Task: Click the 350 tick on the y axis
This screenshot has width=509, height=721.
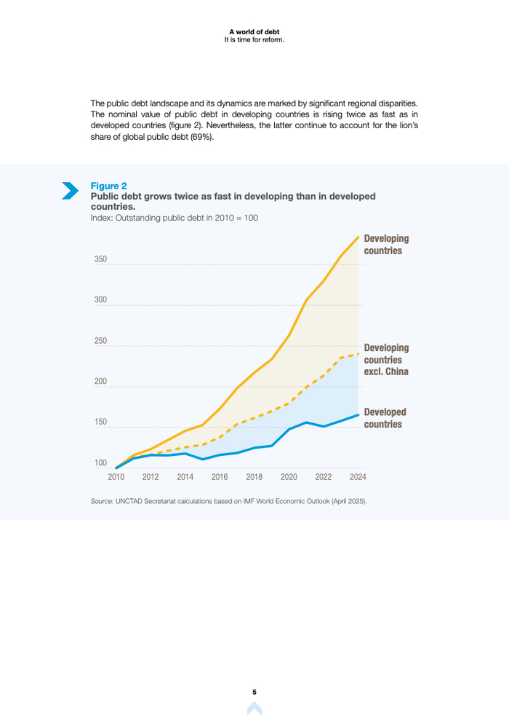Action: click(100, 259)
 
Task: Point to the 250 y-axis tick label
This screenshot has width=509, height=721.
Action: click(100, 341)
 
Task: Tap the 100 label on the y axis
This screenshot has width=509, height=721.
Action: click(100, 462)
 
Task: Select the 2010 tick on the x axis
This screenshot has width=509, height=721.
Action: click(116, 478)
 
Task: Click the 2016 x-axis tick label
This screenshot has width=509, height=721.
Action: click(220, 478)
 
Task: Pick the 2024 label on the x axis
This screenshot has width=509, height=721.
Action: click(358, 478)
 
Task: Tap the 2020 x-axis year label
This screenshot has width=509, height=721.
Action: click(289, 478)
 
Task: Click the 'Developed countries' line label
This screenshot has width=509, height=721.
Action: click(385, 417)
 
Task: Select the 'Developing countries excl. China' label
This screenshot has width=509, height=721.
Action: click(386, 360)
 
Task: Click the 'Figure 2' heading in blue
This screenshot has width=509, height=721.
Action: click(108, 186)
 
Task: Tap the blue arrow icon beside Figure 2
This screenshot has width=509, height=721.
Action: click(71, 190)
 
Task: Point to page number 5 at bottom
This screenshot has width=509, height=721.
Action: click(254, 692)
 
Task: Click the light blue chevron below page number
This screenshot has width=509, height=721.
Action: click(254, 709)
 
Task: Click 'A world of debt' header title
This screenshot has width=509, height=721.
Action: click(254, 32)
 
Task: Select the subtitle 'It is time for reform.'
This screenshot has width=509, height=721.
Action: click(254, 39)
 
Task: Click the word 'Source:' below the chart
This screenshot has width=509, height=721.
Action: click(102, 502)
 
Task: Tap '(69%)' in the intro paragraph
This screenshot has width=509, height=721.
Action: click(202, 138)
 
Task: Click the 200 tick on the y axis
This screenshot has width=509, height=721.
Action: click(100, 382)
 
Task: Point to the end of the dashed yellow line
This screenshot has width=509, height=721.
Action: click(358, 354)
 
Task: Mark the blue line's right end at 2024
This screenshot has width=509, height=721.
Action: click(358, 415)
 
